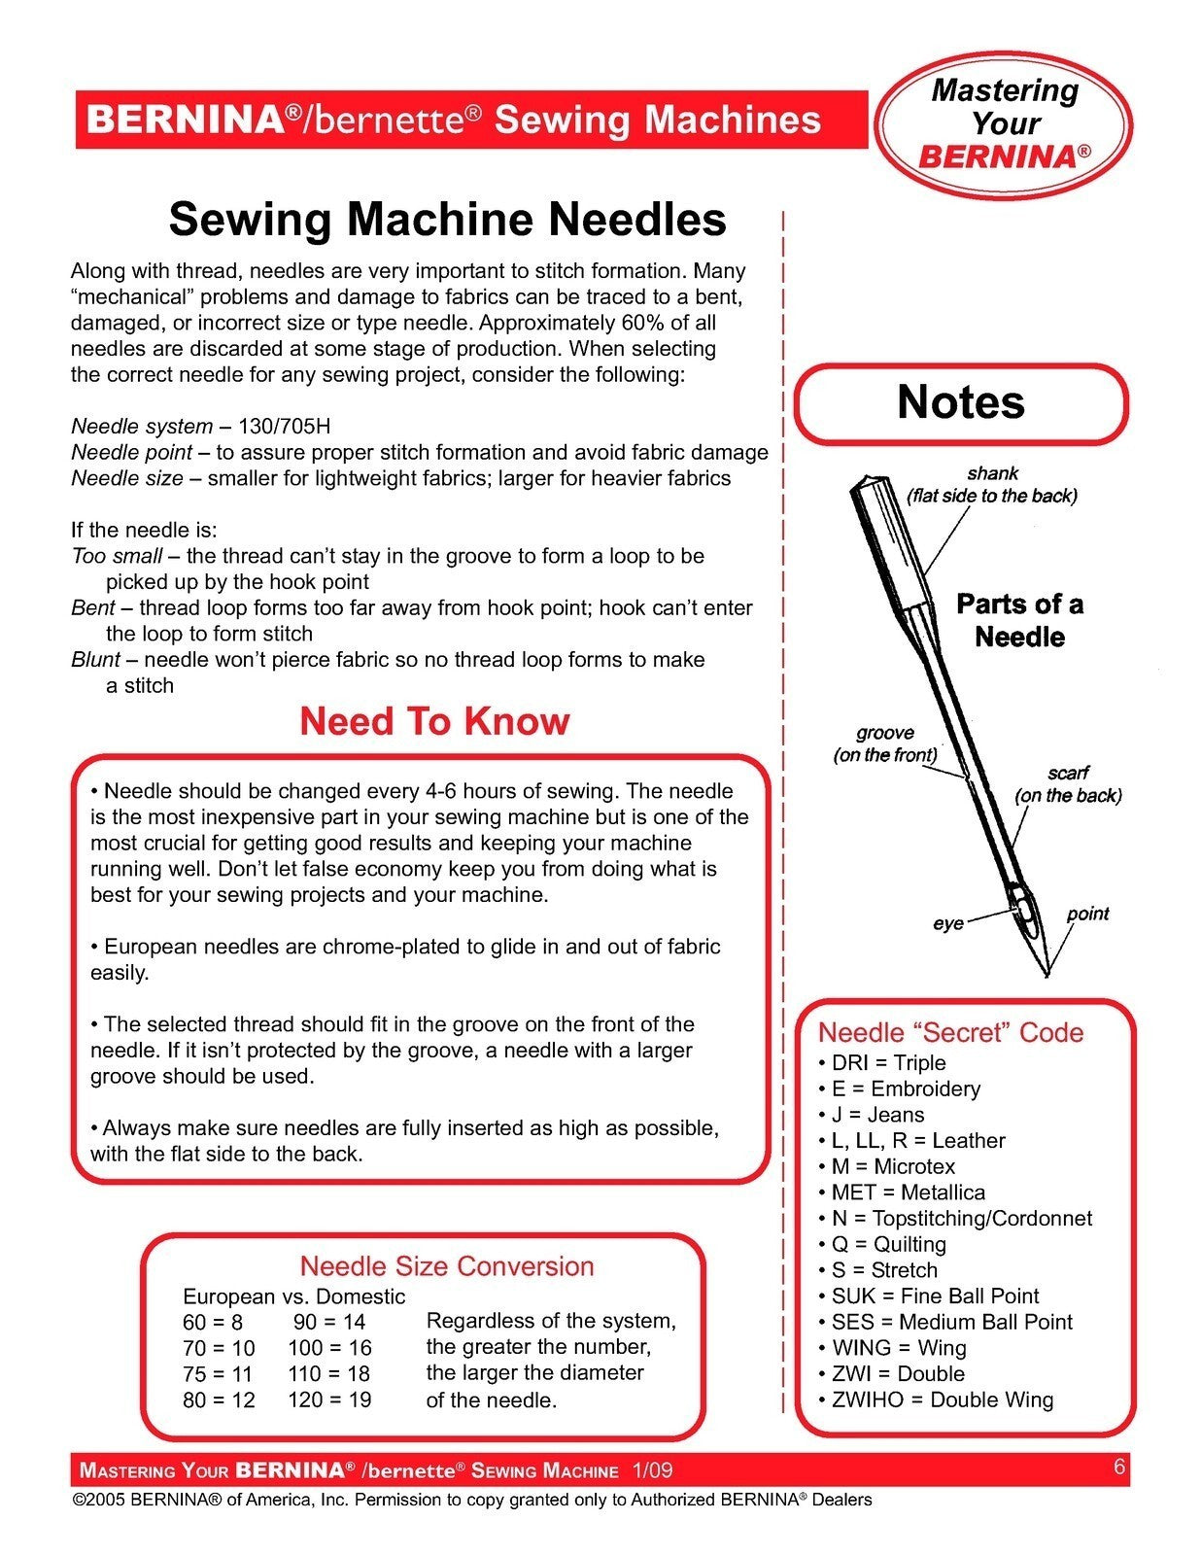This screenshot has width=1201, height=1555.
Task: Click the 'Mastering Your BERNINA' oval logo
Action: [1004, 122]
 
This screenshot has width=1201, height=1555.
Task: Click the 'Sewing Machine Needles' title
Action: [447, 219]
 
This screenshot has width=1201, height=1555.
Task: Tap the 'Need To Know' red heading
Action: [434, 721]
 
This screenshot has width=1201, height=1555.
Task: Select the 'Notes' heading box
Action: [961, 402]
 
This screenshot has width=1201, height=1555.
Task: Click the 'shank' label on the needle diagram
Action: [992, 473]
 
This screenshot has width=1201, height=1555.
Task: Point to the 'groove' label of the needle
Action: [884, 733]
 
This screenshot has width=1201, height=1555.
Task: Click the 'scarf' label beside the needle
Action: [1068, 773]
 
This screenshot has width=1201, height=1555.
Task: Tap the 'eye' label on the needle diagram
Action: [947, 922]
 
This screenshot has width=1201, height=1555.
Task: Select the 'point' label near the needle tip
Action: [1087, 914]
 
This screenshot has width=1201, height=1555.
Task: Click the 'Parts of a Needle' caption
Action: [1019, 620]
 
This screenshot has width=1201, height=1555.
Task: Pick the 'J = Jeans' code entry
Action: [877, 1115]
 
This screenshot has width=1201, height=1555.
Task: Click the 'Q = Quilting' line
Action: [888, 1244]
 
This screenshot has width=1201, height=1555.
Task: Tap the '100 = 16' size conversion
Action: [329, 1348]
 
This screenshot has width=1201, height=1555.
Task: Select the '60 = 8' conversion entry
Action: [213, 1322]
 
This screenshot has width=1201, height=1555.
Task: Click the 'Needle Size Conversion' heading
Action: [446, 1266]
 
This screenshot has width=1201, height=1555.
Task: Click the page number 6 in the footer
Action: [1119, 1467]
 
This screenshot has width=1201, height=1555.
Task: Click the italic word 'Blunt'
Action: [95, 660]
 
